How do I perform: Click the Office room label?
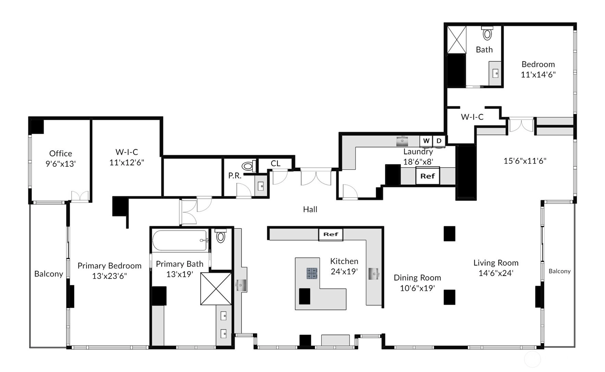point(61,153)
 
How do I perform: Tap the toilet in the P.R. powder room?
point(249,166)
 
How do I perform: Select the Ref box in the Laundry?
point(428,176)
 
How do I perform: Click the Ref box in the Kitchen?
point(331,234)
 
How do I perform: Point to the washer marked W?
point(426,141)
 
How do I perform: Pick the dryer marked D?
point(439,141)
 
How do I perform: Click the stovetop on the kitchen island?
point(312,273)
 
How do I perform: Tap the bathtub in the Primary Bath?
point(180,240)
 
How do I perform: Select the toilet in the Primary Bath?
point(221,235)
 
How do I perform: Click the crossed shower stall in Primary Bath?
point(216,289)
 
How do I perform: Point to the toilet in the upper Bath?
point(487,33)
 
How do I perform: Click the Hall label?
point(310,209)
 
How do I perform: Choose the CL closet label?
point(275,163)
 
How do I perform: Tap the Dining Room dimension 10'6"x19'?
point(417,288)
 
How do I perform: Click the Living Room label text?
point(496,263)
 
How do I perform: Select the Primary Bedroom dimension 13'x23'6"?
point(109,276)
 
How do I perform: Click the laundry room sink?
point(402,141)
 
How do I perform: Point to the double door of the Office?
point(80,196)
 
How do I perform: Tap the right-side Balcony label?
point(559,271)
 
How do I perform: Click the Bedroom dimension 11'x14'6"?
point(538,74)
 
